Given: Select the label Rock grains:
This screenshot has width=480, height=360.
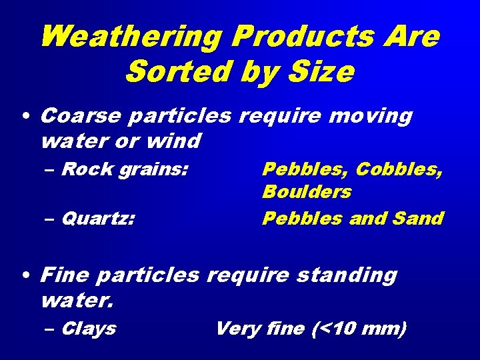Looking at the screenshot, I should (123, 169).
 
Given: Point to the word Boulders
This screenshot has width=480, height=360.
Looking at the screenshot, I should (307, 192).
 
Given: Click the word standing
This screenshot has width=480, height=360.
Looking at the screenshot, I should (347, 275).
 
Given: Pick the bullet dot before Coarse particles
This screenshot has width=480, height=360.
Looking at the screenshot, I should (25, 117).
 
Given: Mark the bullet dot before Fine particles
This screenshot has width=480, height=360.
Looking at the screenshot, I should (25, 275).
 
